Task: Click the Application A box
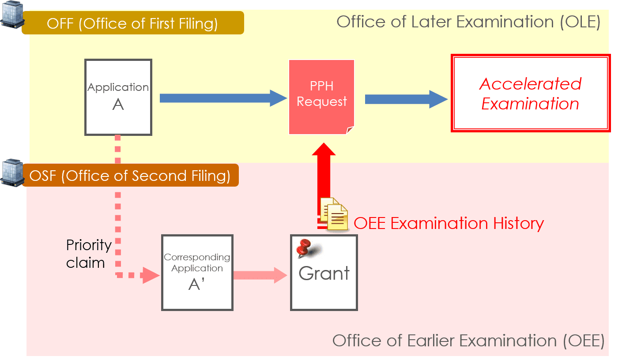pos(118,97)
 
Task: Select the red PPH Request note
pos(321,96)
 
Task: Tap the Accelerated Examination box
pos(530,93)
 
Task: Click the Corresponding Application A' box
pos(197,272)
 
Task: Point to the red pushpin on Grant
pos(305,248)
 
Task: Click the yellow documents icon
pos(334,214)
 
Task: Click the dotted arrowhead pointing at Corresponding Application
pos(150,275)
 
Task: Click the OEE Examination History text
pos(449,223)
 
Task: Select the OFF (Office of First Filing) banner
pos(132,23)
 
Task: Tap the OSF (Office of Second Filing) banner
pos(130,176)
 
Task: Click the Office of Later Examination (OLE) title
pos(468,22)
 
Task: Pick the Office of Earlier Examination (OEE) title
pos(468,341)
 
